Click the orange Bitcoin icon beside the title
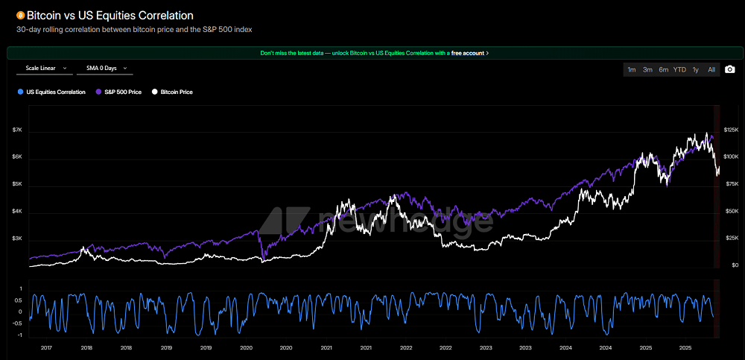[20, 15]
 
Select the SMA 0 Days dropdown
[104, 69]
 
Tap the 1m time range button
[631, 69]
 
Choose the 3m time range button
[647, 69]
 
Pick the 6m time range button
[663, 69]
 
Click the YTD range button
[679, 69]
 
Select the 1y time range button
[696, 69]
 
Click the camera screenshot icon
[730, 69]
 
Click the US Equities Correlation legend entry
[52, 92]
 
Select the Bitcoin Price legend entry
[173, 92]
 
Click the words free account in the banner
[467, 53]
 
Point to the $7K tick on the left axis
[17, 130]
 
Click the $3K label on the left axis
[17, 239]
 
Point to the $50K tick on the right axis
[730, 212]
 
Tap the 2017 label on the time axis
[46, 347]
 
